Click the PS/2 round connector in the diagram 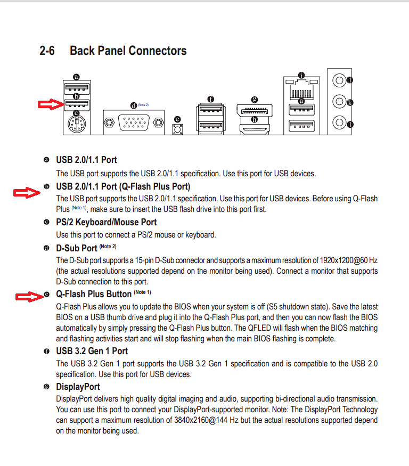76,125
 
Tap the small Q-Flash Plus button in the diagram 177,129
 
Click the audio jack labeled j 338,80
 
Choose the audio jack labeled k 338,101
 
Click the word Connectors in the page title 157,51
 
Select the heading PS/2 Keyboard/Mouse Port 106,222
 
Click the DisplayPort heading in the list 78,387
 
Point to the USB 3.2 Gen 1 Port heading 92,351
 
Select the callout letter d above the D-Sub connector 133,105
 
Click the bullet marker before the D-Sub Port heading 46,249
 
